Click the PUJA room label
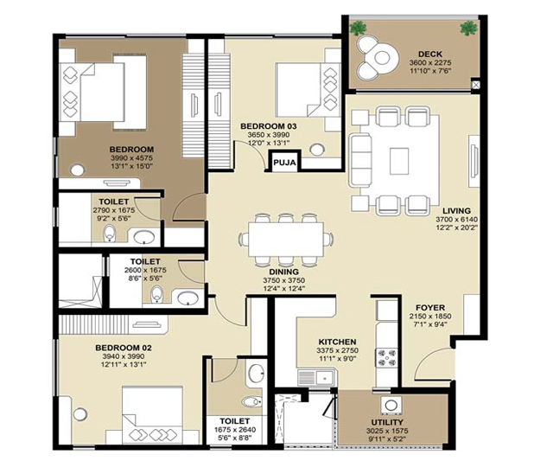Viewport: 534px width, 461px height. point(284,163)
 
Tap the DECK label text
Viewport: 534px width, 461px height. point(430,54)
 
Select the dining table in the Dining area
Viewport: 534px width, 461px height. point(286,239)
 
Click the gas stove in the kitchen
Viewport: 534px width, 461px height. point(386,358)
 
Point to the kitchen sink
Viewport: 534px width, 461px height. point(316,378)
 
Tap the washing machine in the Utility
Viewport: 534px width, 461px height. point(391,406)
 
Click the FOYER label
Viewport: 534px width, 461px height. point(430,307)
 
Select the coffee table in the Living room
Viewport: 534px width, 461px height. point(399,161)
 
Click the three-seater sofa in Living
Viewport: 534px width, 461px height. point(359,160)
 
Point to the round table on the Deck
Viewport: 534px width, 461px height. point(382,58)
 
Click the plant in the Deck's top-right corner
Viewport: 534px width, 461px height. point(468,28)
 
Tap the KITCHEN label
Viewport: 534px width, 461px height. point(337,342)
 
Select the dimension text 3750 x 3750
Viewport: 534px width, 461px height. point(283,280)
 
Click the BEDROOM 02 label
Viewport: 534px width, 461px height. point(124,348)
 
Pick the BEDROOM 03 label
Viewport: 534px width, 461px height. point(269,126)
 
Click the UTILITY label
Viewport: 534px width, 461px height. point(387,422)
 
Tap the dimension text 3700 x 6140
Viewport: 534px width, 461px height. point(457,219)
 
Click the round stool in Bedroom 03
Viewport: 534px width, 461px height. point(317,149)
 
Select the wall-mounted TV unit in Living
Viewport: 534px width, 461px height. point(474,161)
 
